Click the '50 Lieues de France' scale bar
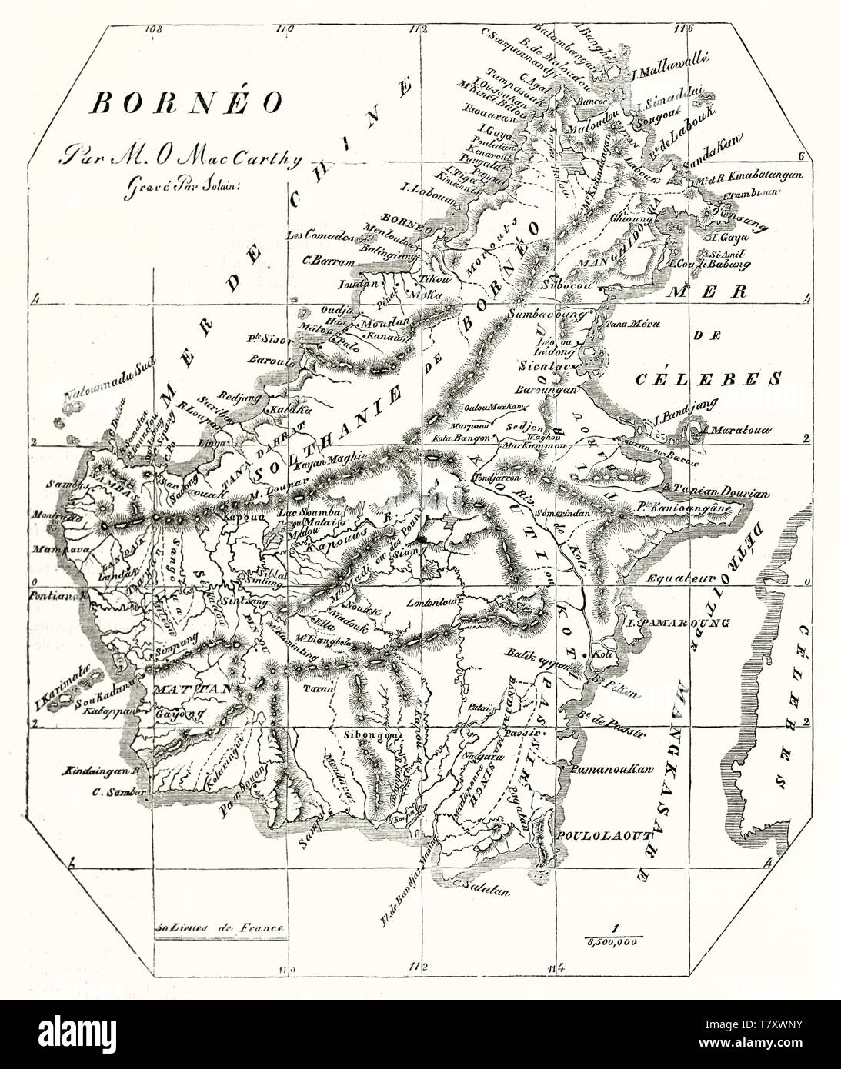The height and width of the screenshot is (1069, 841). pyautogui.click(x=219, y=928)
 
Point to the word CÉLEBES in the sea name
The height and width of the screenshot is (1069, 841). pyautogui.click(x=709, y=378)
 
